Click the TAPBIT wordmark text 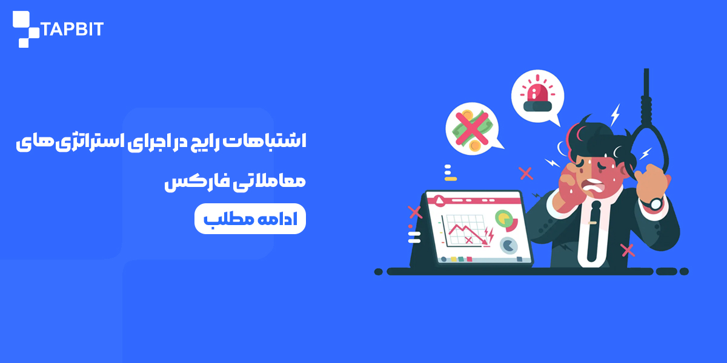(x=72, y=29)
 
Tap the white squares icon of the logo (x=26, y=29)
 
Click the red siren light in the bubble (x=537, y=94)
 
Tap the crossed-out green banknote (x=472, y=128)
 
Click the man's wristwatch (x=655, y=203)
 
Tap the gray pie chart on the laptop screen (x=508, y=246)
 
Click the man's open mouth (x=593, y=186)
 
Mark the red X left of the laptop (x=415, y=212)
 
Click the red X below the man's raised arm (x=628, y=250)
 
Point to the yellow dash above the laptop (x=451, y=179)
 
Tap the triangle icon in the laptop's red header (x=439, y=201)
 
